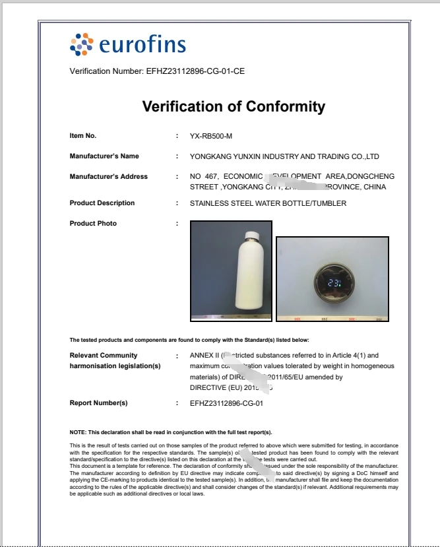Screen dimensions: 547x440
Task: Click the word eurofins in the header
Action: [142, 45]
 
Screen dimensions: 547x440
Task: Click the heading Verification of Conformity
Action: [234, 106]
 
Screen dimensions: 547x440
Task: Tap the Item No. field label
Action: [83, 136]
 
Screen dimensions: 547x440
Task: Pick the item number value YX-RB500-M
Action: [211, 136]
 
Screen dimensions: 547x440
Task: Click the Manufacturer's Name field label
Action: [104, 156]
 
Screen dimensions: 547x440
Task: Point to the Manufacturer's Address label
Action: [108, 176]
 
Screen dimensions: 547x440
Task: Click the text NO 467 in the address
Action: [203, 176]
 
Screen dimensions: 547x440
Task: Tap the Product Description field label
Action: [102, 203]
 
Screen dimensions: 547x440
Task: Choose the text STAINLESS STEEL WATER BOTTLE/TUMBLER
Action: [268, 203]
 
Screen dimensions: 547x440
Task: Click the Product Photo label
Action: [93, 223]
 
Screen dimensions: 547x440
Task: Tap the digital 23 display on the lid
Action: [332, 284]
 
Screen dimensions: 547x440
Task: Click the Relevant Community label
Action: [104, 356]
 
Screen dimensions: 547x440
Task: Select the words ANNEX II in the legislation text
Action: [204, 356]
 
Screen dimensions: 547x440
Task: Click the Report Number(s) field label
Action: [98, 402]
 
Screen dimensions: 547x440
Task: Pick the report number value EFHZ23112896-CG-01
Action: [226, 402]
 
